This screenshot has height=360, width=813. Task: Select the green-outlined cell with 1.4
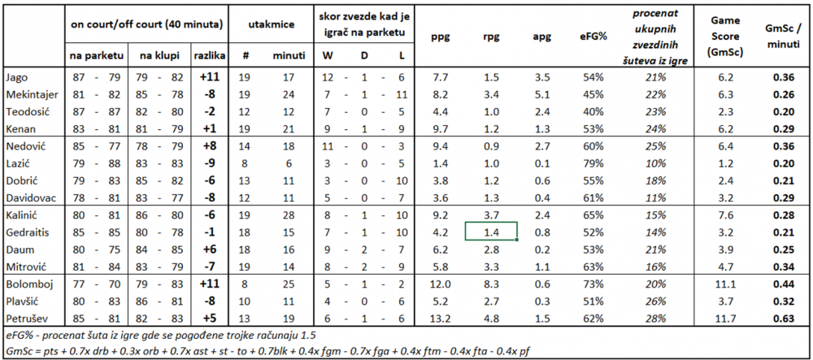click(491, 231)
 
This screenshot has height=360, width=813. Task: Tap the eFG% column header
click(594, 37)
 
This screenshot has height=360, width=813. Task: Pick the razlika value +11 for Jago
click(210, 78)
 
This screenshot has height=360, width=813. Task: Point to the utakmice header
click(270, 24)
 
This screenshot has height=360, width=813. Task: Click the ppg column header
click(440, 37)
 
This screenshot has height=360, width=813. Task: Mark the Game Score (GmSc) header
click(725, 37)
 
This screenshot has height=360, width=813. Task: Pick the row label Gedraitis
click(27, 233)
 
